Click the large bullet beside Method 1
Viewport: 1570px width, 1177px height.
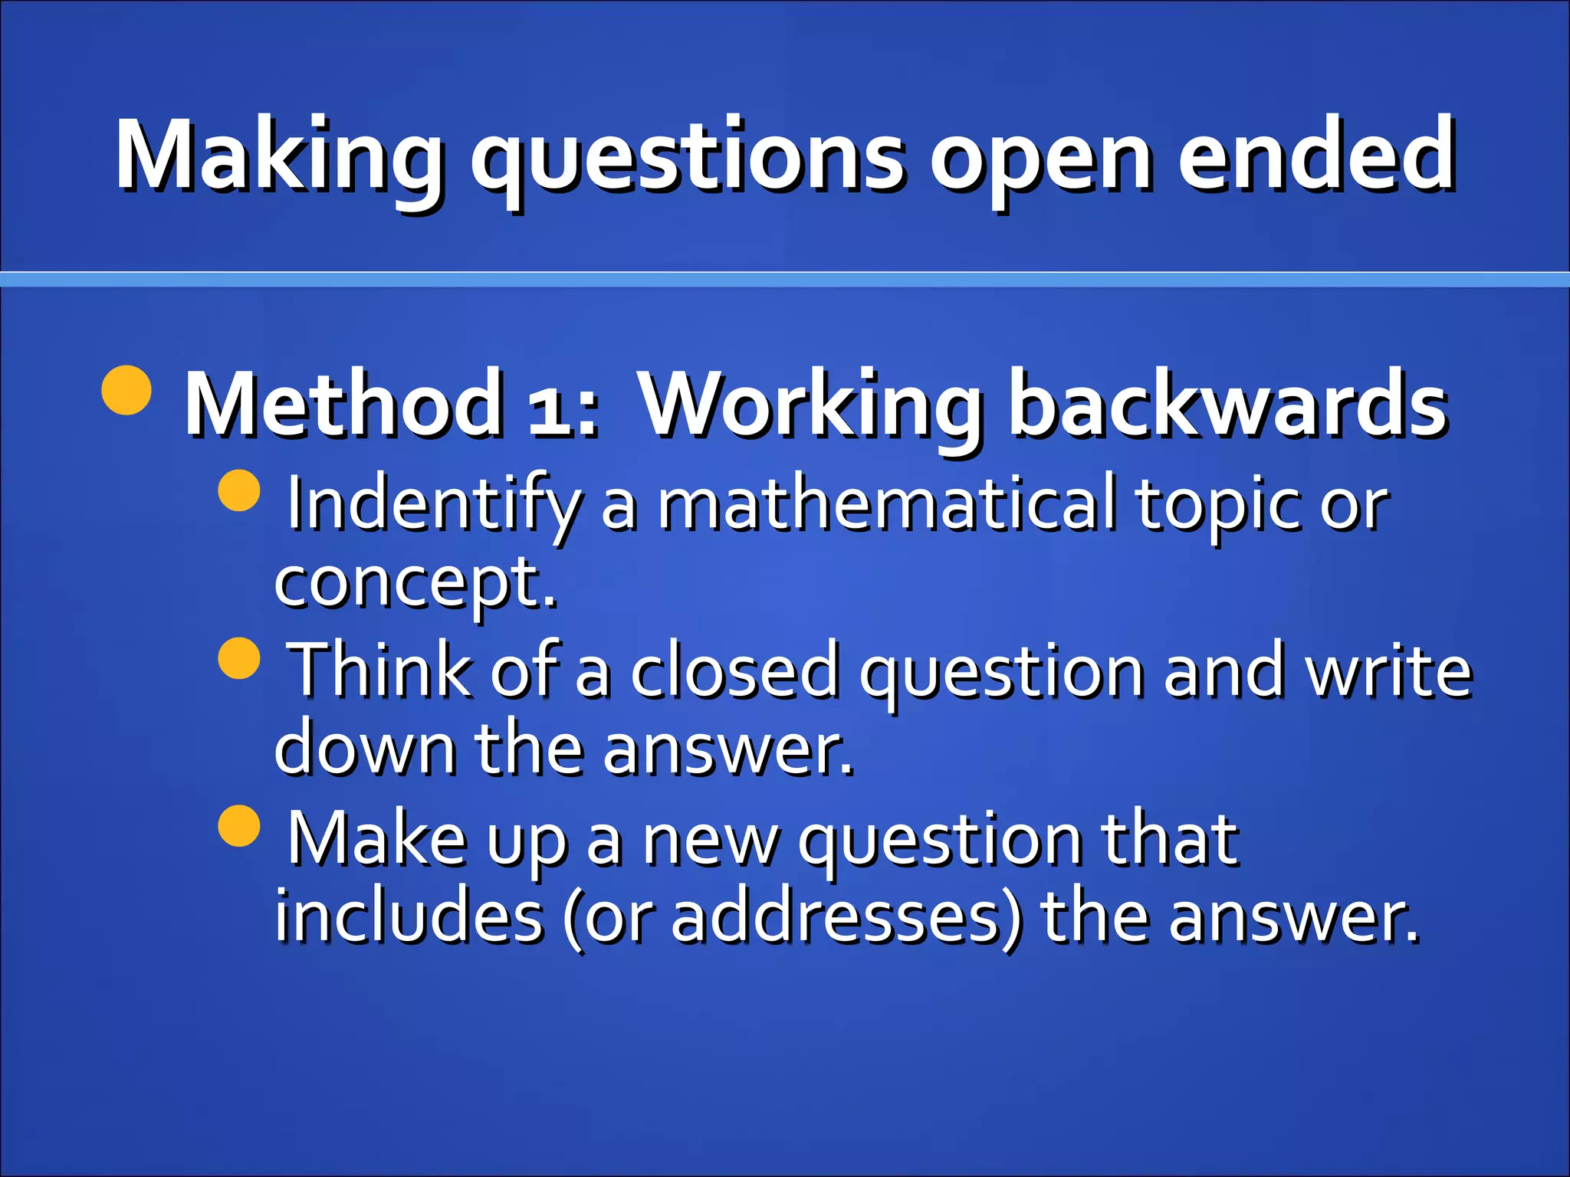(126, 390)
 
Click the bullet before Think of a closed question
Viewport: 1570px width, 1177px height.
(239, 658)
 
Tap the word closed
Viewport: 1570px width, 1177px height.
(734, 670)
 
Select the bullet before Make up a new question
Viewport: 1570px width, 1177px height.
(239, 825)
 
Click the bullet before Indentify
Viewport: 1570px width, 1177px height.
(239, 490)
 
